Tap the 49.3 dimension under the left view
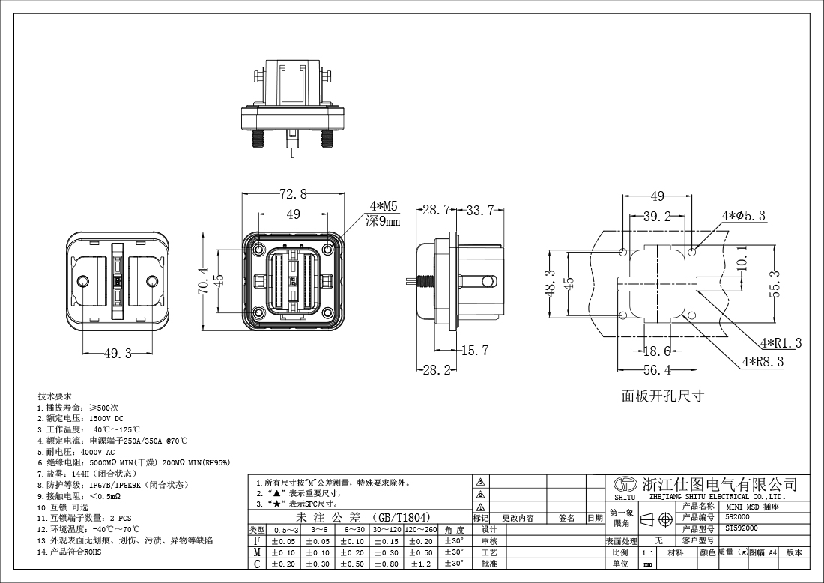point(118,354)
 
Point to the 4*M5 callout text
point(383,206)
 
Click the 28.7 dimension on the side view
point(437,211)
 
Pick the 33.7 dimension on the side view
point(479,211)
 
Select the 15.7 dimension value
point(474,351)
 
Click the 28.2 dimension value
point(437,369)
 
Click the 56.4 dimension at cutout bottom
point(657,369)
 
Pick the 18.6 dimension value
point(657,351)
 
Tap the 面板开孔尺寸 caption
point(662,395)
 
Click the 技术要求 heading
point(55,396)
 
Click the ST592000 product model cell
point(742,528)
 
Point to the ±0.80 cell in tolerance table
point(387,564)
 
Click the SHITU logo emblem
point(624,484)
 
